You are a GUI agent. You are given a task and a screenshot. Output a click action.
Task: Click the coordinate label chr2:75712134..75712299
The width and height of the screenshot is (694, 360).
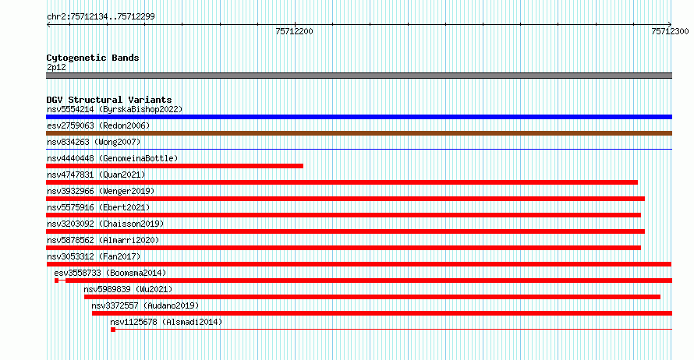(101, 16)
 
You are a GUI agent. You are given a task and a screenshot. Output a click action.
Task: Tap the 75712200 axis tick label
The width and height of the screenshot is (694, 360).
(294, 31)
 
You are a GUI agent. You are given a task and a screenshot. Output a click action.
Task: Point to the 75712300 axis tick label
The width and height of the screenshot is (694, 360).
(670, 31)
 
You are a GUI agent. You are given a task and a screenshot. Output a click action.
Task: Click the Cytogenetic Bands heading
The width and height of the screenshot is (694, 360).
(93, 58)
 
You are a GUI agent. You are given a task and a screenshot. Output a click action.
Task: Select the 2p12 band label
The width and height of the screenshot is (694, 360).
(56, 67)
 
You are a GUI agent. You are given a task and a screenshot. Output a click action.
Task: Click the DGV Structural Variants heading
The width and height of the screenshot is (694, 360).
(109, 100)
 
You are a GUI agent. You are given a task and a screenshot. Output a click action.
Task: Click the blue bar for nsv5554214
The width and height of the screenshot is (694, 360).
(359, 117)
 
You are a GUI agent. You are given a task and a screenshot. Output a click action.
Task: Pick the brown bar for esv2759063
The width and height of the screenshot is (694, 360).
(359, 133)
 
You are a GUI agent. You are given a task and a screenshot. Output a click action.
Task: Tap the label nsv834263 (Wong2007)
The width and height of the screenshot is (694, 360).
(94, 142)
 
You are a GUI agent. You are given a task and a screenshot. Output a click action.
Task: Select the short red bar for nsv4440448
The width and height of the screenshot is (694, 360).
(175, 166)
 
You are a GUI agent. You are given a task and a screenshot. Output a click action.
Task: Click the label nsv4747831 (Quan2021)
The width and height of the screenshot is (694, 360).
(96, 175)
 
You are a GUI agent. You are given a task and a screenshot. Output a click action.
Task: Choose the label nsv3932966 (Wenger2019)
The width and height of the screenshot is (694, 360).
(101, 191)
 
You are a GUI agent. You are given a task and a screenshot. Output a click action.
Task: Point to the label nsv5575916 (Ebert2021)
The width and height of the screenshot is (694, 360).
(98, 207)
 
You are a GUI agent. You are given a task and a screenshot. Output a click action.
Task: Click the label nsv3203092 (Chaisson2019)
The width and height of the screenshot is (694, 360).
(105, 224)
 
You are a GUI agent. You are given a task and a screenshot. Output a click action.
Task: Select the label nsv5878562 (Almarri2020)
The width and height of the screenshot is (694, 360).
(103, 240)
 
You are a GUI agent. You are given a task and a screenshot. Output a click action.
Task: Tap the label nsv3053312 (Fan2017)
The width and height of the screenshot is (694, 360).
(94, 256)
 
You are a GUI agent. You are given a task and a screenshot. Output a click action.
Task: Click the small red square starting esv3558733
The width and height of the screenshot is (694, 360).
(57, 281)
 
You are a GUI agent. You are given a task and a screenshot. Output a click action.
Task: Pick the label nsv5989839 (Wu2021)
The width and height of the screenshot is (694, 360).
(128, 289)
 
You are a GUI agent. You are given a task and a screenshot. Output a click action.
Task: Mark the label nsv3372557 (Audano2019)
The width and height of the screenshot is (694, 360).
(145, 305)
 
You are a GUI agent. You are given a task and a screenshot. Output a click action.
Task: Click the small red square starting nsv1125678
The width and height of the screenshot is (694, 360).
(113, 330)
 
